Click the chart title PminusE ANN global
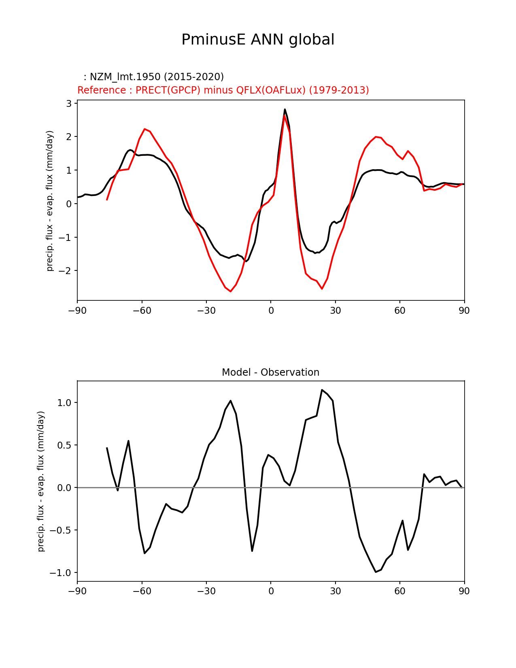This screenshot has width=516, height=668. (x=258, y=40)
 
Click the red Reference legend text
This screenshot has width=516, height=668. (x=223, y=90)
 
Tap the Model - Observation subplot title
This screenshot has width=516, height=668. (x=270, y=372)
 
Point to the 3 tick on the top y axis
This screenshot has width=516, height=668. (x=69, y=104)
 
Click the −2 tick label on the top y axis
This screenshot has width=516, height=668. (x=66, y=270)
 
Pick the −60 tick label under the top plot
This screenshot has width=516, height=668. (x=142, y=311)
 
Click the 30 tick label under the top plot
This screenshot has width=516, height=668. (x=335, y=311)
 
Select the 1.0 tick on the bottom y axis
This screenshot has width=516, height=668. (x=64, y=403)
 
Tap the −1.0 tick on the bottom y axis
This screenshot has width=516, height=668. (x=61, y=573)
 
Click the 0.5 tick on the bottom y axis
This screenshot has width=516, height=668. (x=64, y=445)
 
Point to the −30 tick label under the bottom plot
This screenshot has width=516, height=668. (x=206, y=591)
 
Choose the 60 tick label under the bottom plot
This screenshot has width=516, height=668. (x=399, y=591)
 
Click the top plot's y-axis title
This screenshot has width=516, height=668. (x=50, y=201)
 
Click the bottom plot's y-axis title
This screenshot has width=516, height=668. (x=41, y=481)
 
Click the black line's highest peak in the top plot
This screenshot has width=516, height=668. (x=285, y=109)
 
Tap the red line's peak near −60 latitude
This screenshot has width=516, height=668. (x=144, y=129)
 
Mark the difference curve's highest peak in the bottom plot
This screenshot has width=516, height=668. (x=322, y=390)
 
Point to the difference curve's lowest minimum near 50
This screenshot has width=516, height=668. (x=376, y=572)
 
